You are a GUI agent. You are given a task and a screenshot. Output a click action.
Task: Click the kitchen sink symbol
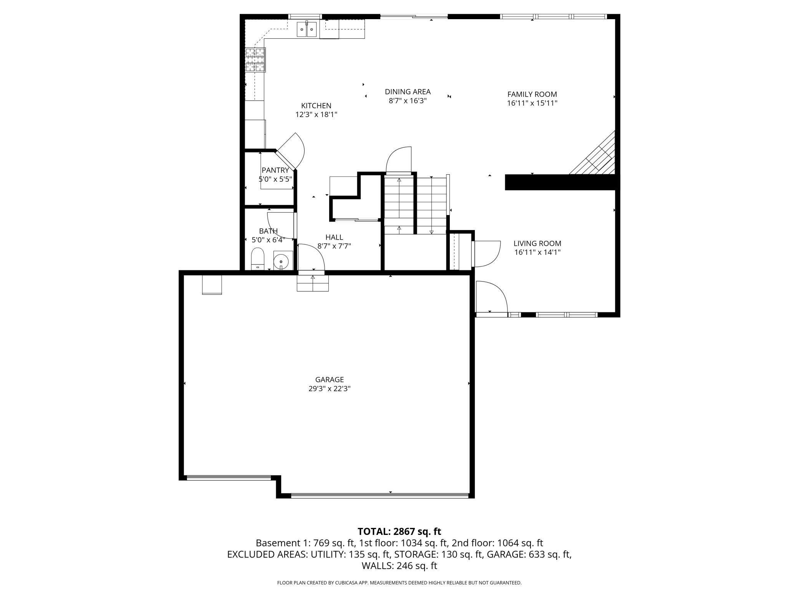[x=307, y=29]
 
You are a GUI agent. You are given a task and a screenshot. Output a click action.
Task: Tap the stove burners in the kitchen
[x=255, y=60]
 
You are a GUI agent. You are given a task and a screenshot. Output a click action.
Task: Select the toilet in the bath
[x=258, y=258]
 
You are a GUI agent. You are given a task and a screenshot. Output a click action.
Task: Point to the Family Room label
[x=532, y=94]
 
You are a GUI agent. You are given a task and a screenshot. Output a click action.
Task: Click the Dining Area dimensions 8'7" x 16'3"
[x=408, y=101]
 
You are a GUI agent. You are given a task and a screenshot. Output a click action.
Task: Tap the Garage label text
[x=330, y=380]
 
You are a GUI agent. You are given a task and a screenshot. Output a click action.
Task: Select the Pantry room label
[x=275, y=170]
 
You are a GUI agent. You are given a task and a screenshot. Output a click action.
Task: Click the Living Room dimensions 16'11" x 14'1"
[x=537, y=252]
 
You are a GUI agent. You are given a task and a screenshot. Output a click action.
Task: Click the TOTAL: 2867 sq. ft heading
[x=399, y=531]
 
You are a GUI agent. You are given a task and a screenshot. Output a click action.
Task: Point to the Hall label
[x=334, y=237]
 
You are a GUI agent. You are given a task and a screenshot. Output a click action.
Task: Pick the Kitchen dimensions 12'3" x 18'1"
[x=316, y=114]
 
